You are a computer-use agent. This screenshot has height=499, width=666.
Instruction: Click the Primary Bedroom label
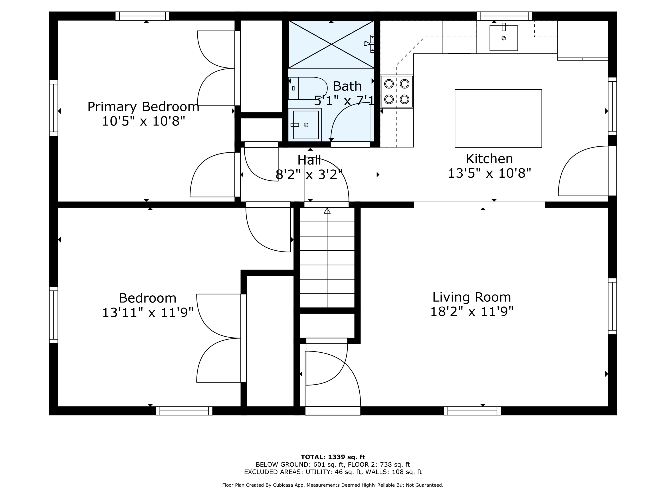pyautogui.click(x=143, y=107)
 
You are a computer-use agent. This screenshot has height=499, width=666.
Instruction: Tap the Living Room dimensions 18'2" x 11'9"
pyautogui.click(x=472, y=312)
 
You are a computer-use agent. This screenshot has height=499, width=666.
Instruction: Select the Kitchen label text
pyautogui.click(x=489, y=159)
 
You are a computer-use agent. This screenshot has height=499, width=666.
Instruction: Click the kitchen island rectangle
pyautogui.click(x=498, y=118)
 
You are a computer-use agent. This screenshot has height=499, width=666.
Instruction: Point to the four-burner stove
pyautogui.click(x=396, y=91)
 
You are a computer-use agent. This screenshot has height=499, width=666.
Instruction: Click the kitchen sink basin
pyautogui.click(x=504, y=38)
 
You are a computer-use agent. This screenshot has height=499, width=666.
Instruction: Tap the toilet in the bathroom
pyautogui.click(x=308, y=88)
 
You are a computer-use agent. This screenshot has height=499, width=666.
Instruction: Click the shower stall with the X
pyautogui.click(x=331, y=44)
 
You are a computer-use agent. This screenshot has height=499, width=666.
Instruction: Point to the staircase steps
pyautogui.click(x=327, y=257)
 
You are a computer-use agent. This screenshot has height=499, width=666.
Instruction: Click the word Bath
pyautogui.click(x=347, y=86)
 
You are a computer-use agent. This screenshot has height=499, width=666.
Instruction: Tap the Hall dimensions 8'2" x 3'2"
pyautogui.click(x=309, y=175)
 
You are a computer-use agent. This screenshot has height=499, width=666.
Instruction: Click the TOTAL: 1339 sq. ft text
pyautogui.click(x=333, y=457)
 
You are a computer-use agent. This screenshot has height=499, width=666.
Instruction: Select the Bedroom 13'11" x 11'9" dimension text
pyautogui.click(x=148, y=312)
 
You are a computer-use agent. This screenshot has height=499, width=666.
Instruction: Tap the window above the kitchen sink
pyautogui.click(x=504, y=16)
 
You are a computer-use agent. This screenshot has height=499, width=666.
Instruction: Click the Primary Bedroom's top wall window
pyautogui.click(x=143, y=16)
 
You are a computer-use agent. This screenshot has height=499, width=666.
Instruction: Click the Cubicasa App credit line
pyautogui.click(x=333, y=485)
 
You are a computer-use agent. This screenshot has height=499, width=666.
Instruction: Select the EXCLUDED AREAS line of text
pyautogui.click(x=333, y=472)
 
